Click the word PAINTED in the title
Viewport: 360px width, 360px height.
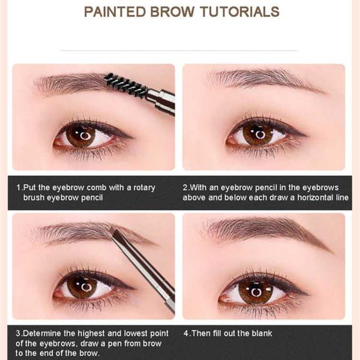[115, 11]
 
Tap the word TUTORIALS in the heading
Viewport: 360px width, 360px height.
[239, 11]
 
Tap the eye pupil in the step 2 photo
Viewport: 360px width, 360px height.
[260, 135]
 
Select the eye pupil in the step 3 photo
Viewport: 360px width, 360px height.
[86, 287]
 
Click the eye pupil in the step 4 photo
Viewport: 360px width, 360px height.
[256, 292]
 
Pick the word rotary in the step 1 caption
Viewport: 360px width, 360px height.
[144, 188]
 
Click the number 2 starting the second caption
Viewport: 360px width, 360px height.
[185, 188]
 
